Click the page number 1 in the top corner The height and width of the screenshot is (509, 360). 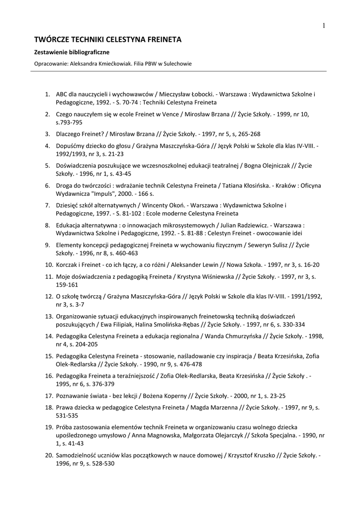pyautogui.click(x=323, y=26)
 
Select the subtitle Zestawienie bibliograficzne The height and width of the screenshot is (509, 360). pyautogui.click(x=72, y=52)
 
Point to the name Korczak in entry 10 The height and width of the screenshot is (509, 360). pyautogui.click(x=67, y=264)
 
